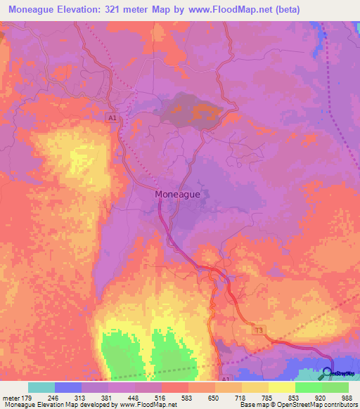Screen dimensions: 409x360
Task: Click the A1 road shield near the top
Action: coord(112,119)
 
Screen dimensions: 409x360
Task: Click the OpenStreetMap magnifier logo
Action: coord(327,373)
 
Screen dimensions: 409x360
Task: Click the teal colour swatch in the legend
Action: coord(41,387)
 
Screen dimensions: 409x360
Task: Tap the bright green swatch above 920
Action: coord(308,387)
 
